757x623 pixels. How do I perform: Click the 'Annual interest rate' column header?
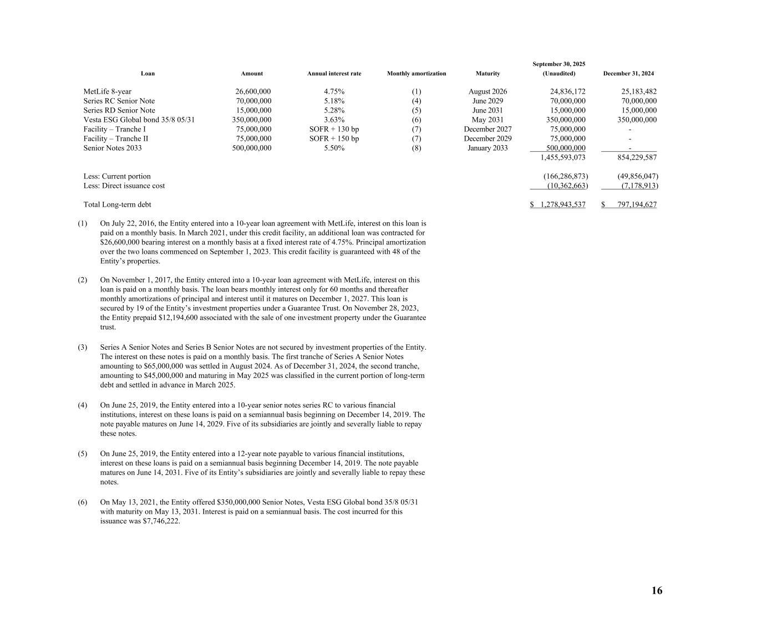coord(334,74)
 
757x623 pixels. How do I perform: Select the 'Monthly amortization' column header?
coord(416,74)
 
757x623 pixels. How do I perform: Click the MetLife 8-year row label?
coord(108,91)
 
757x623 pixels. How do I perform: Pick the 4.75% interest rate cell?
coord(334,91)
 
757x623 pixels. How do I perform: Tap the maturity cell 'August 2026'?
coord(487,91)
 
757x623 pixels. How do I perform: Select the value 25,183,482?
coord(639,91)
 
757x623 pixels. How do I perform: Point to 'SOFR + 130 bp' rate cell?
coord(334,129)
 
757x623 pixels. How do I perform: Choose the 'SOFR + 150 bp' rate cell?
coord(334,139)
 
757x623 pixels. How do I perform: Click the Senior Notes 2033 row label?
coord(113,148)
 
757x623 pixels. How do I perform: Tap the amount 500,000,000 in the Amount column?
coord(252,148)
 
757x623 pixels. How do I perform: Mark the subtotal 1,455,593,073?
coord(563,157)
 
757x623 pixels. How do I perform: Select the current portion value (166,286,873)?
coord(565,176)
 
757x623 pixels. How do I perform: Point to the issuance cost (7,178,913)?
coord(638,186)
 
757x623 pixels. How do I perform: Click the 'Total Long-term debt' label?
coord(117,205)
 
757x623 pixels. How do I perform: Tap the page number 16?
coord(657,591)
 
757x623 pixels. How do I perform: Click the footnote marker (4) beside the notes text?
coord(83,405)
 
